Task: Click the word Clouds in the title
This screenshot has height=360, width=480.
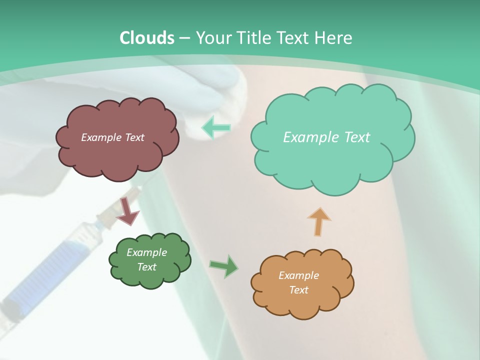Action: pos(147,38)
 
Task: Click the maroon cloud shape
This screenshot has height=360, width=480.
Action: pos(117,155)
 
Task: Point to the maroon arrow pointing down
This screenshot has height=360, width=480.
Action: pos(128,210)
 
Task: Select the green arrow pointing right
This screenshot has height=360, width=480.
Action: pos(224,266)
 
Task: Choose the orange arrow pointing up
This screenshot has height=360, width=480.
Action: pos(319,221)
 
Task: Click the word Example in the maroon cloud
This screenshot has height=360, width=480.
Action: pos(100,137)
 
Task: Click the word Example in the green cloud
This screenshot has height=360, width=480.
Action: pos(146,252)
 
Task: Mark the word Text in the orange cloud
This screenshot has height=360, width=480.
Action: pos(298,290)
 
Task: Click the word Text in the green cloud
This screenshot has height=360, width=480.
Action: pos(146,267)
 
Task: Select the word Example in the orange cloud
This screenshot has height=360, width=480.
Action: pos(298,275)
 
